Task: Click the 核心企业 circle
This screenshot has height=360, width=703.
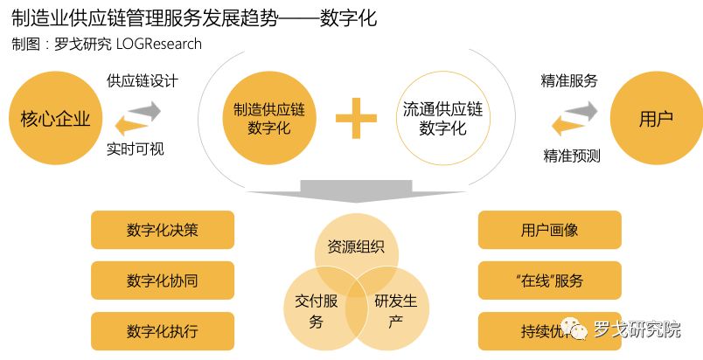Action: (x=55, y=117)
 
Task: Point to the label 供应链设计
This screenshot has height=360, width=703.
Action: (x=142, y=81)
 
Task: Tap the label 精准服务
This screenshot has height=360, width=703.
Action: (x=569, y=81)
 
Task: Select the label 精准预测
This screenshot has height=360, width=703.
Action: (x=571, y=156)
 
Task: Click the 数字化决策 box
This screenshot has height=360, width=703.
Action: (x=163, y=230)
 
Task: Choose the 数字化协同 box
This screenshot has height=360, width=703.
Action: (x=163, y=280)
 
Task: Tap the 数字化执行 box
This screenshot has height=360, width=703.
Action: (x=163, y=331)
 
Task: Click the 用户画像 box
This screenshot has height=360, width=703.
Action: (x=549, y=230)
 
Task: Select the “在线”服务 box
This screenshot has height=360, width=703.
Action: (x=549, y=280)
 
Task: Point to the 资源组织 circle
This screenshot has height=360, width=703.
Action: (x=356, y=247)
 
